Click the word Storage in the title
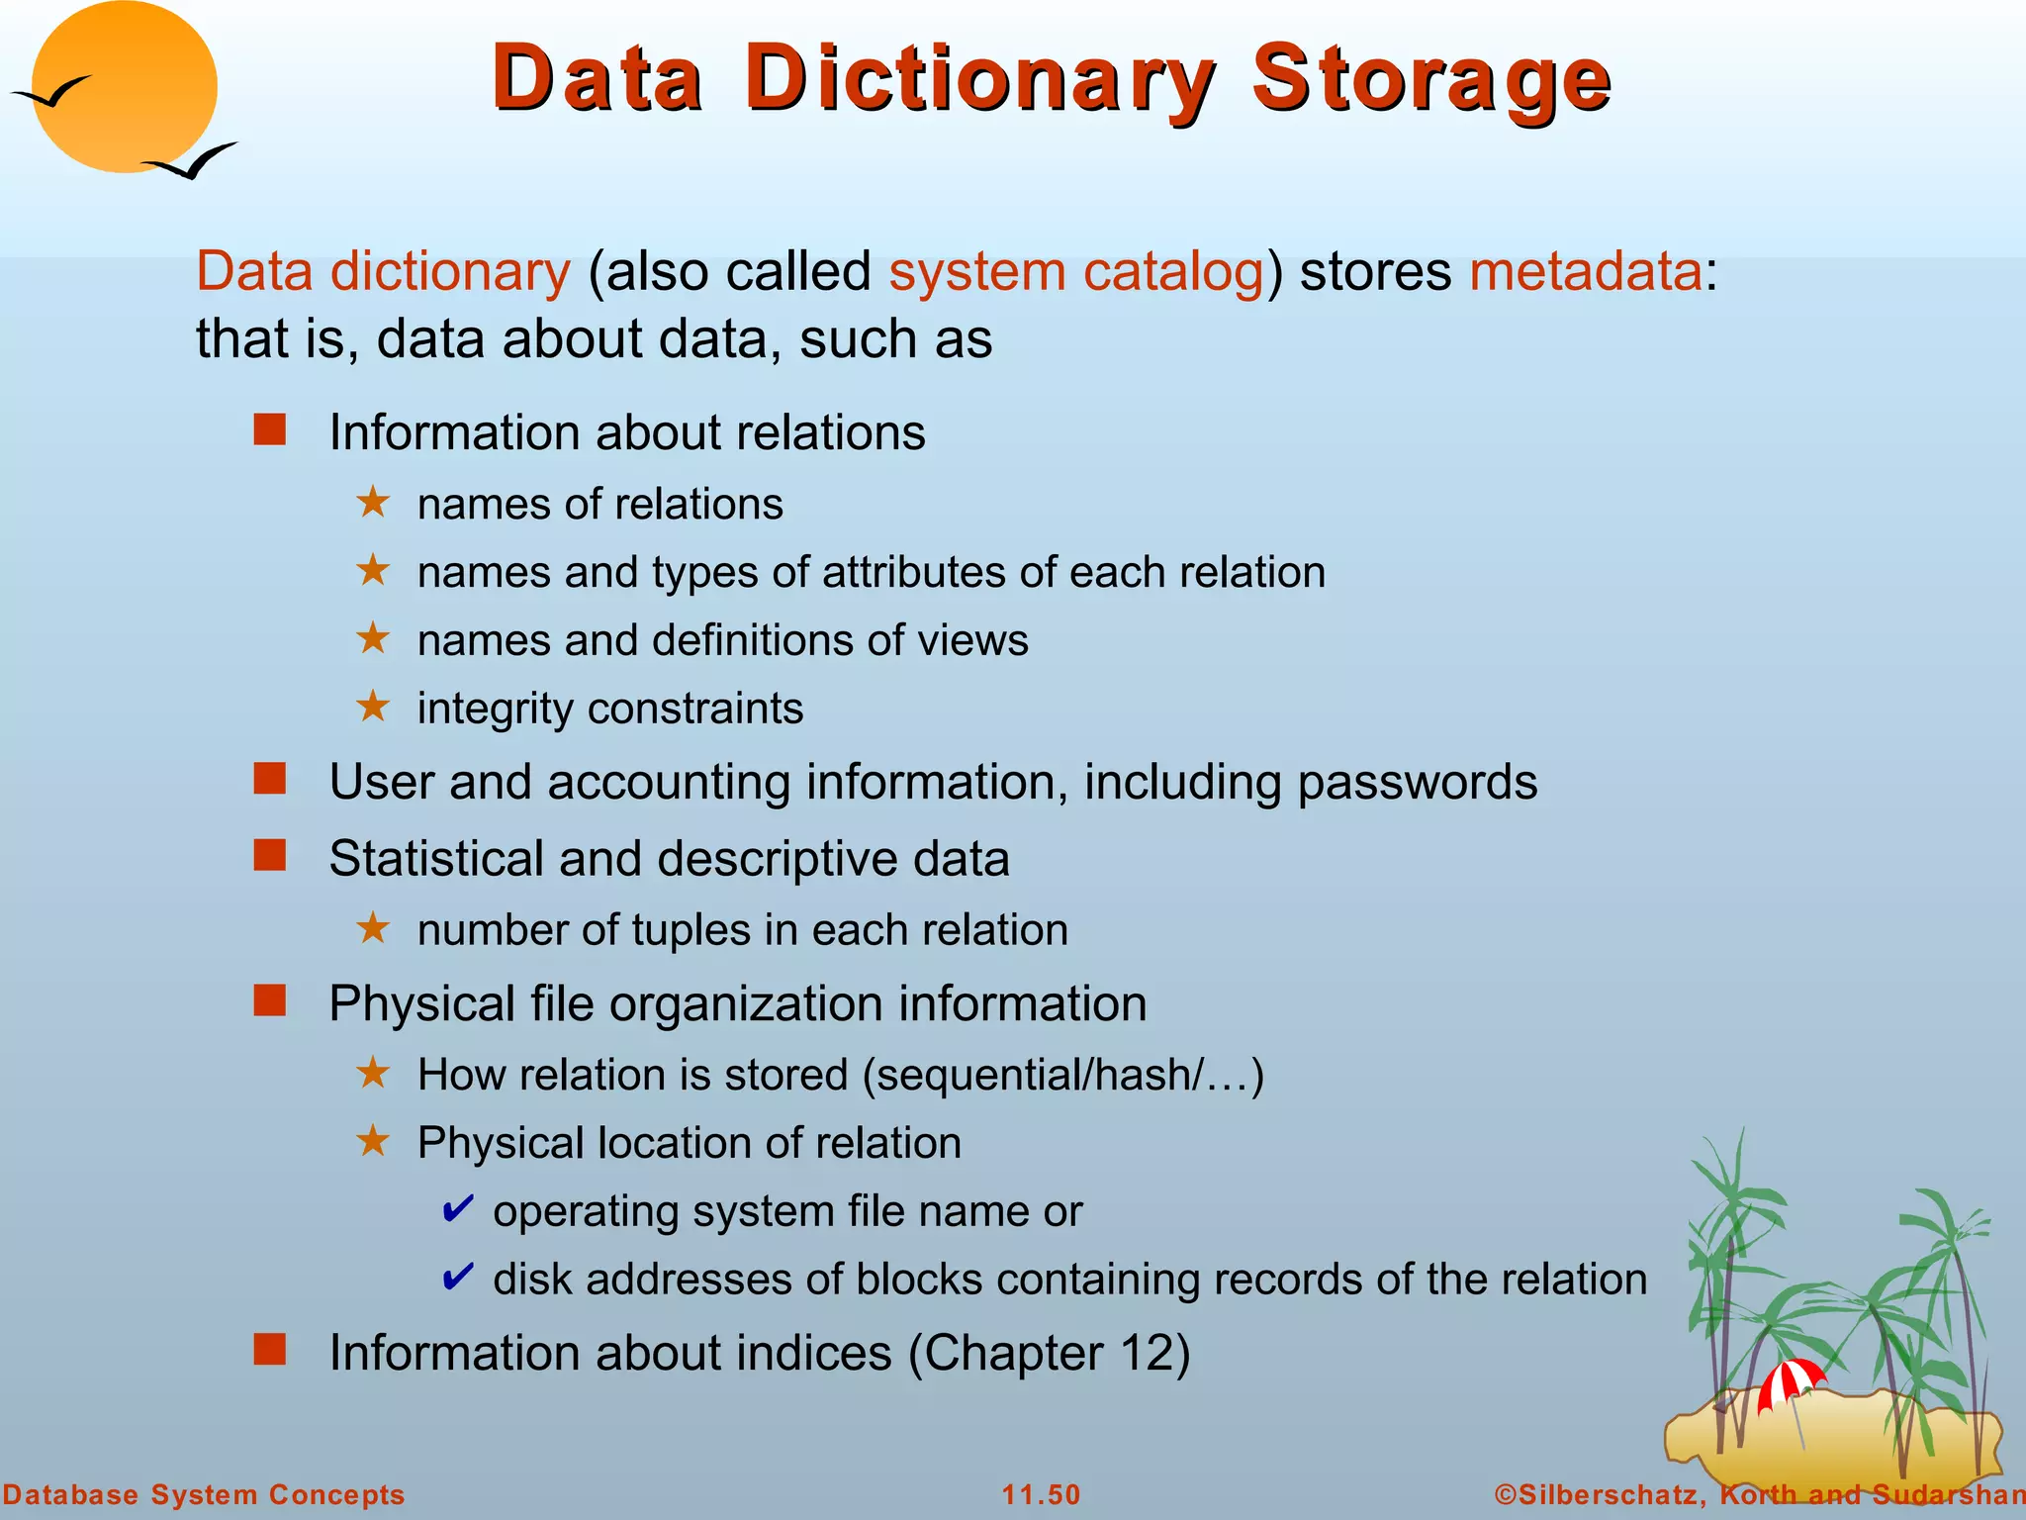[1430, 79]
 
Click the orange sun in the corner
[124, 87]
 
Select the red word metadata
[1585, 271]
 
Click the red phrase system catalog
[1076, 271]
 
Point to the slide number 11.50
[1041, 1494]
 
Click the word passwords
[1417, 782]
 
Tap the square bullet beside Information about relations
[269, 430]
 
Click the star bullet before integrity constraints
[373, 707]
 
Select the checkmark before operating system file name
[457, 1208]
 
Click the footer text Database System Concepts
[204, 1494]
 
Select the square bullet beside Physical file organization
[269, 1001]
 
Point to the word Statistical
[435, 858]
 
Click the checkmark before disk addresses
[457, 1277]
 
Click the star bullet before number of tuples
[373, 928]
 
